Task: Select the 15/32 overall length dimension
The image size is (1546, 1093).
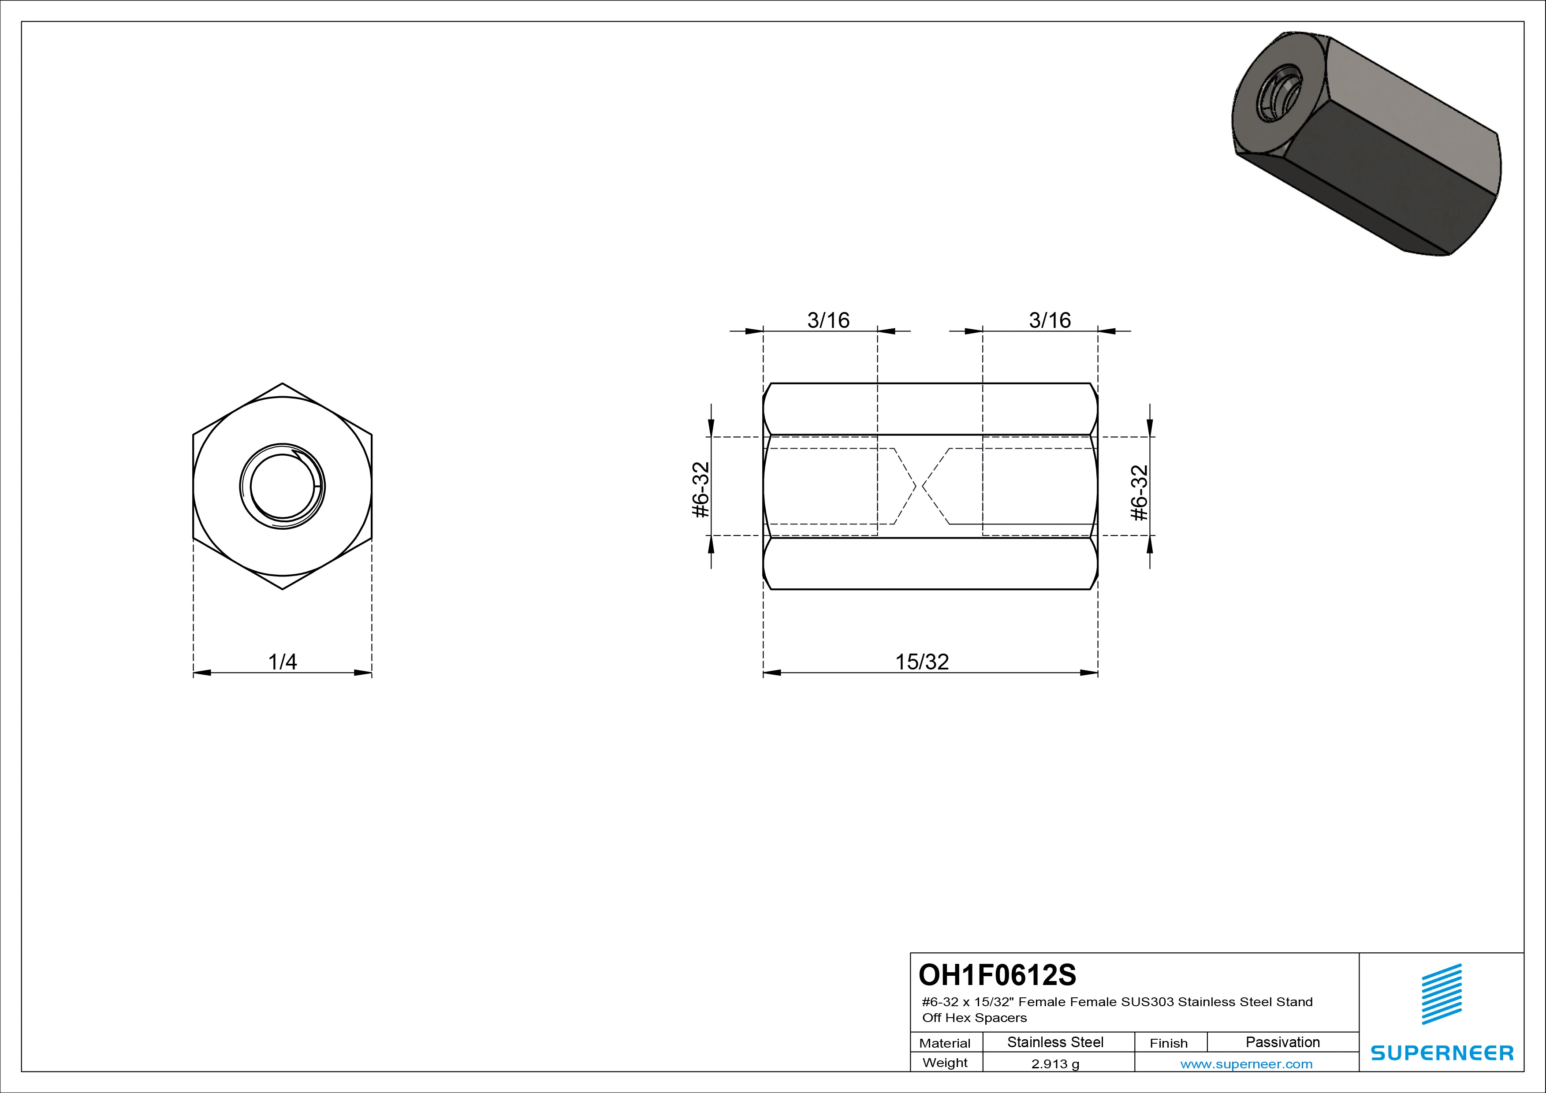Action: tap(922, 662)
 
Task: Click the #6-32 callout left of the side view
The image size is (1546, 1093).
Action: tap(701, 489)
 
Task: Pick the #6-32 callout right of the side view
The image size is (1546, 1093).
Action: tap(1139, 493)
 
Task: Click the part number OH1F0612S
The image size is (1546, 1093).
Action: tap(997, 974)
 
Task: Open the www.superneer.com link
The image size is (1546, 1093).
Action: tap(1246, 1064)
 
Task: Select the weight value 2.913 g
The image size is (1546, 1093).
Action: tap(1055, 1064)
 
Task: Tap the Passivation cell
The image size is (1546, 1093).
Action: tap(1283, 1042)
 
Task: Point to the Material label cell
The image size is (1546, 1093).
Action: tap(946, 1042)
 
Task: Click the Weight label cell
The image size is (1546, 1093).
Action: tap(946, 1062)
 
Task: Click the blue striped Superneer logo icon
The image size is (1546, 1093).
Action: tap(1441, 993)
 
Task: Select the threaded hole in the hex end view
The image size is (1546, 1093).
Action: tap(282, 487)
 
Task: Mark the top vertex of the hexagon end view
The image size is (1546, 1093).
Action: tap(282, 383)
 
